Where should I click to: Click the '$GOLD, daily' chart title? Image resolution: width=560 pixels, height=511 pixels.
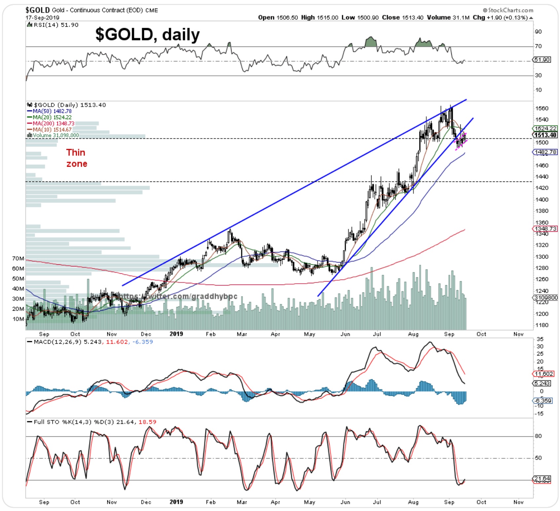(x=147, y=34)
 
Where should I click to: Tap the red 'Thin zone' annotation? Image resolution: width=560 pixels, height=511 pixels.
(x=76, y=158)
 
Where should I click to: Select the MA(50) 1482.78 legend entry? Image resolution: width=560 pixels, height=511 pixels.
(x=52, y=111)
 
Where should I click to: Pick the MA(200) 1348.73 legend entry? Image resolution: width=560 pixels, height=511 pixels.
(x=53, y=123)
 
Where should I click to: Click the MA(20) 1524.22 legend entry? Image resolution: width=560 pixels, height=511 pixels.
(x=52, y=117)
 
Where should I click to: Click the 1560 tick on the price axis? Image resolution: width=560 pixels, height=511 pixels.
(x=542, y=108)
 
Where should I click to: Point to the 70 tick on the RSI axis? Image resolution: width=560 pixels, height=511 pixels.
(x=538, y=46)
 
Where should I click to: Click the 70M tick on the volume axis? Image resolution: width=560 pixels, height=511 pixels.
(x=18, y=258)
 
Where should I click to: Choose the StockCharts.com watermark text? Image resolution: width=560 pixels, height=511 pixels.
(x=508, y=10)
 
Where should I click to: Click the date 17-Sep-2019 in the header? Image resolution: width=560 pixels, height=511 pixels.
(x=42, y=17)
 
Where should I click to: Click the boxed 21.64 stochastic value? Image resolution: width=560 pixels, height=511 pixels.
(x=542, y=479)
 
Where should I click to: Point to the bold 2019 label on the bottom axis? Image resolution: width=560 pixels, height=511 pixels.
(x=176, y=502)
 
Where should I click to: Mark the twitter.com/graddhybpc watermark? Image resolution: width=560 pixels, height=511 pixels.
(x=178, y=296)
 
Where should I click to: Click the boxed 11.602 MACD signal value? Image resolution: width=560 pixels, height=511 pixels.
(x=544, y=374)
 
